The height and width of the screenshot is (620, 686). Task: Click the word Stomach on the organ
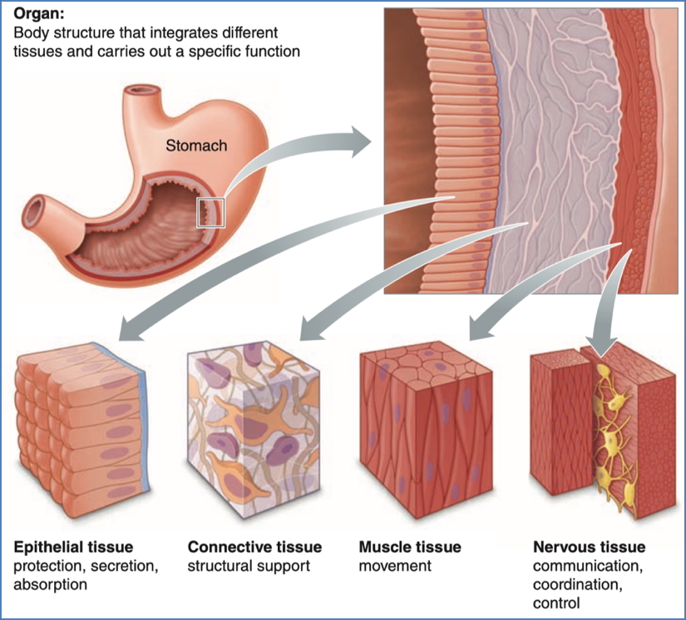pyautogui.click(x=196, y=145)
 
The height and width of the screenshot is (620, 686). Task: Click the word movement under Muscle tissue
pyautogui.click(x=395, y=566)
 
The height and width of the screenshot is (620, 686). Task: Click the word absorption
pyautogui.click(x=49, y=585)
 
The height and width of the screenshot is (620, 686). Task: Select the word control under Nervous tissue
pyautogui.click(x=555, y=603)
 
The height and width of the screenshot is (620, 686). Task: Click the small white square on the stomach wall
pyautogui.click(x=210, y=212)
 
